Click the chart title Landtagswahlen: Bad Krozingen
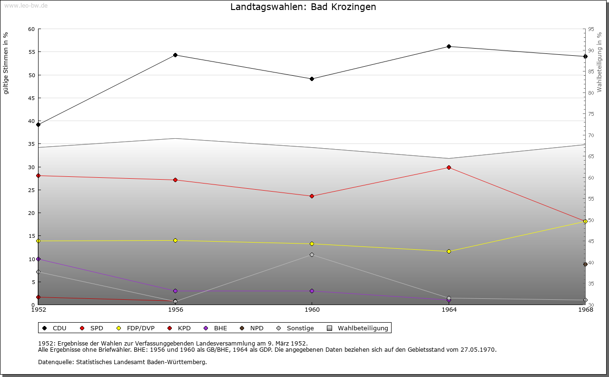pyautogui.click(x=303, y=7)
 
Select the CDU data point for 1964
pyautogui.click(x=449, y=47)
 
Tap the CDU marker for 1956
pyautogui.click(x=176, y=55)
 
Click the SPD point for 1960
pyautogui.click(x=312, y=196)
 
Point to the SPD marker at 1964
pyautogui.click(x=449, y=167)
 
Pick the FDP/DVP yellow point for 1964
pyautogui.click(x=449, y=252)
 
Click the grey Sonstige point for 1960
pyautogui.click(x=312, y=255)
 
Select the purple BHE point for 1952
pyautogui.click(x=39, y=259)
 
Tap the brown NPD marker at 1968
pyautogui.click(x=585, y=265)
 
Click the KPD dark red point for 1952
pyautogui.click(x=39, y=297)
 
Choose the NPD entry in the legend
pyautogui.click(x=252, y=328)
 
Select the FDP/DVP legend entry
pyautogui.click(x=136, y=328)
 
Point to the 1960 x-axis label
pyautogui.click(x=312, y=310)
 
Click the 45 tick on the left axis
pyautogui.click(x=31, y=98)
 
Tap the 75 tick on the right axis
pyautogui.click(x=591, y=114)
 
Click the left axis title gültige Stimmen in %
pyautogui.click(x=6, y=63)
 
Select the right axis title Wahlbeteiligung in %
pyautogui.click(x=599, y=62)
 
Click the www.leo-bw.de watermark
pyautogui.click(x=26, y=6)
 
